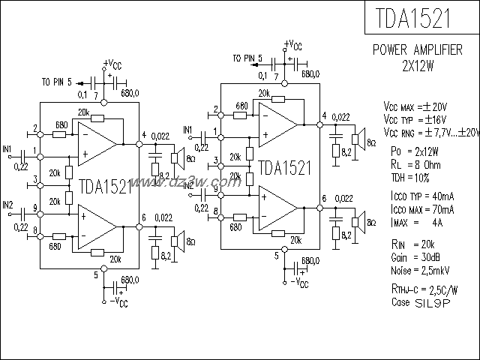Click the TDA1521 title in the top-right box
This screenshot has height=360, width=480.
pyautogui.click(x=421, y=18)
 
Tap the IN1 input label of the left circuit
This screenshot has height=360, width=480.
pyautogui.click(x=7, y=149)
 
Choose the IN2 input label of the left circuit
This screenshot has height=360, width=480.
pyautogui.click(x=7, y=204)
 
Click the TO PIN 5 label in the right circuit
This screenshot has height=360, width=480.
pyautogui.click(x=247, y=57)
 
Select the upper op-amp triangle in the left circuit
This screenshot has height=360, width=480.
pyautogui.click(x=97, y=142)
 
